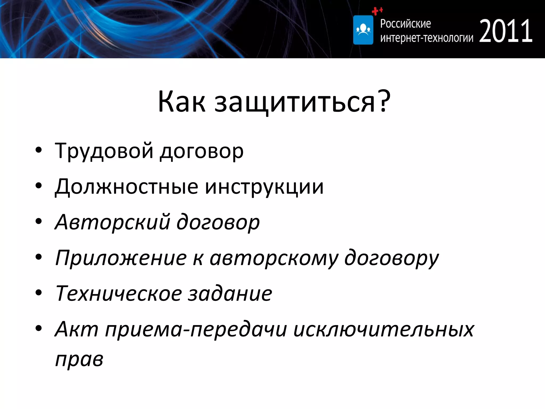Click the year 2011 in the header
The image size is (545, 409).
coord(506,31)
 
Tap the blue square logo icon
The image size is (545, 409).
coord(363,30)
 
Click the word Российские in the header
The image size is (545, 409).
coord(405,24)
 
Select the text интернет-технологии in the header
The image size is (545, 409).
coord(427,38)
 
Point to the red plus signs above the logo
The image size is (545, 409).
coord(377,11)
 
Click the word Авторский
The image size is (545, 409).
coord(112,222)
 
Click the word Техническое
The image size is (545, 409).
coord(118,293)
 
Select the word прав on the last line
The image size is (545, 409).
coord(79,359)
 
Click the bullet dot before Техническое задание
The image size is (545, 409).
coord(39,293)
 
